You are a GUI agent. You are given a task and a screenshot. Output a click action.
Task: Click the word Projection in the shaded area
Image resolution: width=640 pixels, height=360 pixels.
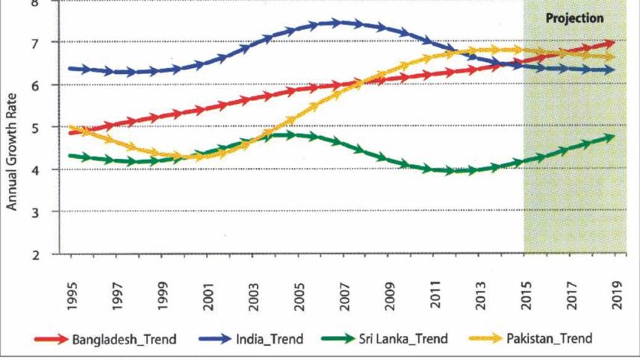point(574,19)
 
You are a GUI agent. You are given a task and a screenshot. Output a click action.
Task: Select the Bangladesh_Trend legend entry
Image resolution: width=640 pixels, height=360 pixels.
point(124,339)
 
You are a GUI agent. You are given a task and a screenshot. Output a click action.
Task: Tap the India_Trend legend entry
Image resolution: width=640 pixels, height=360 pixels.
point(269,339)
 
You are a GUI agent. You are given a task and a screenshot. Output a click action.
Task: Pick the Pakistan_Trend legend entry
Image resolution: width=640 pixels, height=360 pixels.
point(549,339)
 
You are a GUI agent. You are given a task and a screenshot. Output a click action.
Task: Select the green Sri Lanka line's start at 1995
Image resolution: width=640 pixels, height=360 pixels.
point(72,155)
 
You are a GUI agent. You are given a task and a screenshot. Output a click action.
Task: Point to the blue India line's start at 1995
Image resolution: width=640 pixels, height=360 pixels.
point(72,69)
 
